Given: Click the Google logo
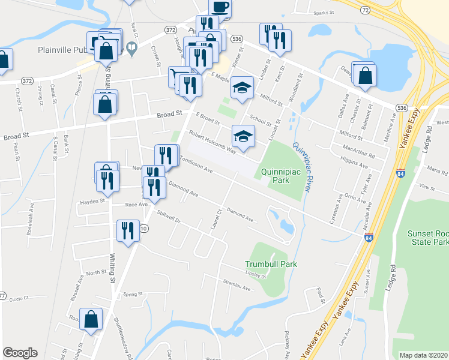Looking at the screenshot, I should tap(20, 353).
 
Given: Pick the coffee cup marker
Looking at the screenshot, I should tap(220, 7).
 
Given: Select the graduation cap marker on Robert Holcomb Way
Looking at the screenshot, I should tap(243, 136).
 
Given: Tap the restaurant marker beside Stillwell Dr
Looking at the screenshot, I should tap(127, 231).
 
